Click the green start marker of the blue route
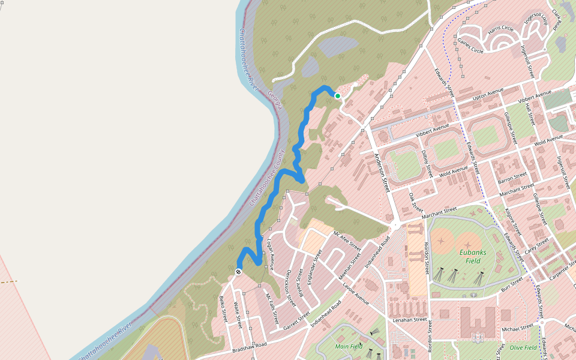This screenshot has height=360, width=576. tap(338, 96)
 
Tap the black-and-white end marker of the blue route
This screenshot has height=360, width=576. tap(238, 272)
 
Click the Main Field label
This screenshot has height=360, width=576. tap(350, 346)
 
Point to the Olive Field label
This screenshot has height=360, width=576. tap(522, 347)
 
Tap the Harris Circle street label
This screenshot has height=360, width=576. tap(501, 28)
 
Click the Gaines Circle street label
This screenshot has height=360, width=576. tap(470, 46)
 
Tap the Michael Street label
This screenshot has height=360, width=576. tap(518, 328)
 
